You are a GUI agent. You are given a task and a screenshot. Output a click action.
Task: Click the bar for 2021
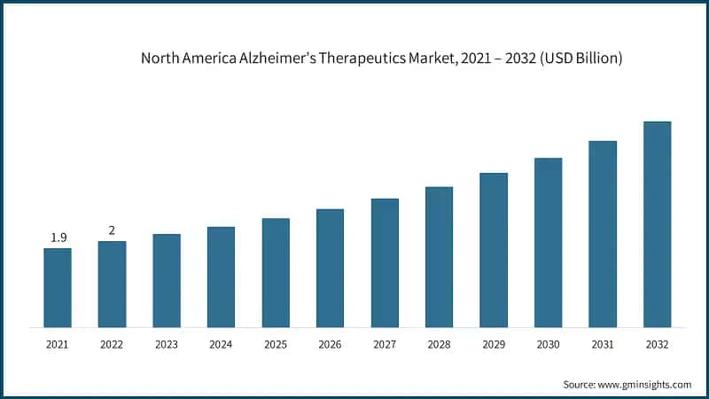(x=58, y=287)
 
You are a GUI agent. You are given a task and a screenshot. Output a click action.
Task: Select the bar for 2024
(x=221, y=277)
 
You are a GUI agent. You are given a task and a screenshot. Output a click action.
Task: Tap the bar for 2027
(x=385, y=262)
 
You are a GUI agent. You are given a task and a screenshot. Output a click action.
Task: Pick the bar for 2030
(x=548, y=242)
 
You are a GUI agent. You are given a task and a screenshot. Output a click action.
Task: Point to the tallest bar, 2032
(x=657, y=223)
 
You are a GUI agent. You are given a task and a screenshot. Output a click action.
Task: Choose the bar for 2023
(x=167, y=280)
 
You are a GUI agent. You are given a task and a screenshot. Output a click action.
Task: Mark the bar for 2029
(x=494, y=249)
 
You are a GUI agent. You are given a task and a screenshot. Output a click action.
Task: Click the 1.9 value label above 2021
(x=58, y=238)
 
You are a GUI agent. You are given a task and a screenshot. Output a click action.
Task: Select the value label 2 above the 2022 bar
(x=112, y=231)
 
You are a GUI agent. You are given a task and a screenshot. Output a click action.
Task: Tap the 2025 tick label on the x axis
(x=276, y=344)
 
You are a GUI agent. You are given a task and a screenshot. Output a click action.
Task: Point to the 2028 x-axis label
(x=439, y=344)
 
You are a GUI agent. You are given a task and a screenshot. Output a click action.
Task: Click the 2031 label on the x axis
(x=603, y=344)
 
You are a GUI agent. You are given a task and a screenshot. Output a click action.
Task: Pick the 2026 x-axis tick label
(x=330, y=344)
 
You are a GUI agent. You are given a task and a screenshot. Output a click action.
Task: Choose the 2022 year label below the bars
(x=112, y=344)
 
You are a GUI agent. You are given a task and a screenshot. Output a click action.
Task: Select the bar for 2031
(x=603, y=233)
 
